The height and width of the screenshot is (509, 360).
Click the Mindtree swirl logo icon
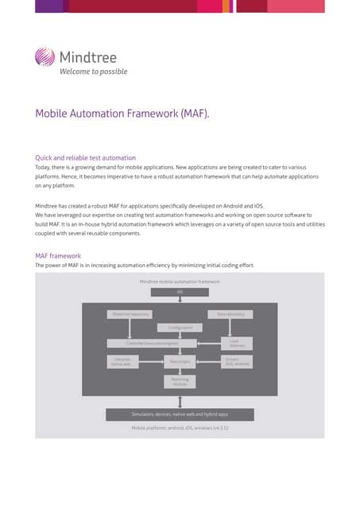click(x=46, y=58)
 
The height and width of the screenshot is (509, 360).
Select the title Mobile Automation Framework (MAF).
click(x=122, y=113)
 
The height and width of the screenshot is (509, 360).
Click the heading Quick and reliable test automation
click(x=86, y=157)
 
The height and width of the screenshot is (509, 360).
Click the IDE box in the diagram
click(x=180, y=291)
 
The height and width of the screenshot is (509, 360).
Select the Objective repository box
click(x=131, y=314)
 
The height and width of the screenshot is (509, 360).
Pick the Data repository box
click(x=230, y=314)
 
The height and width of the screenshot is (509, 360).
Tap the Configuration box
click(x=180, y=328)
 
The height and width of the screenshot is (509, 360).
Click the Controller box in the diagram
click(x=153, y=343)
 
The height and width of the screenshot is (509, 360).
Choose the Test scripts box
click(x=180, y=361)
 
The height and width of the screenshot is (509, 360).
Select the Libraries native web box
click(x=122, y=361)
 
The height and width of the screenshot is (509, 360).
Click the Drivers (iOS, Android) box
click(x=237, y=361)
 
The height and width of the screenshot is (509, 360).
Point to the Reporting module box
click(x=180, y=382)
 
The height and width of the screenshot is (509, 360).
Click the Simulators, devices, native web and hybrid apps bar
click(x=180, y=414)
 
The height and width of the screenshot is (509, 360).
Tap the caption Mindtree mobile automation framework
click(x=180, y=282)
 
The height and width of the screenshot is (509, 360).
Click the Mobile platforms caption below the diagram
click(x=180, y=428)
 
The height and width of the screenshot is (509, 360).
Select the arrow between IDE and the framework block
click(x=180, y=299)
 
